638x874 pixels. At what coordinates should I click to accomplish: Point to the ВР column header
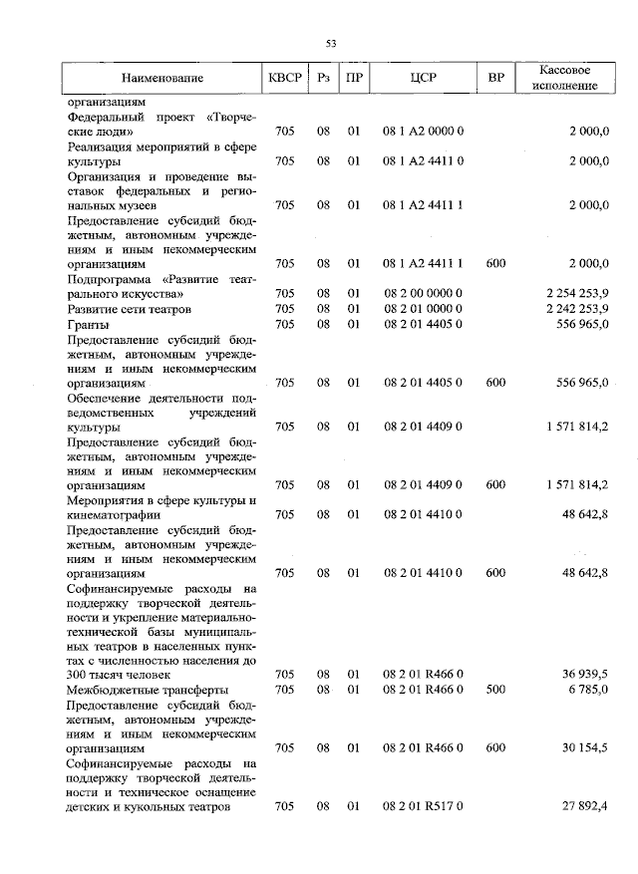495,78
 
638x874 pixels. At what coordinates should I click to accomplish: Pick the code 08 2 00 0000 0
423,294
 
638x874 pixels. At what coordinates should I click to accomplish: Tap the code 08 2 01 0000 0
423,309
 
